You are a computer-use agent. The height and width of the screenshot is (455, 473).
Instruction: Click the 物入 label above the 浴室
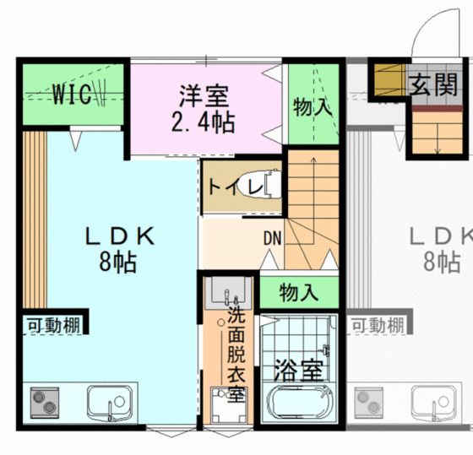pyautogui.click(x=299, y=294)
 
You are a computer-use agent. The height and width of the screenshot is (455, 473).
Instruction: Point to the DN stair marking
pyautogui.click(x=272, y=237)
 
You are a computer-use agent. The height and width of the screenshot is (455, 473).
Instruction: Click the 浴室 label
pyautogui.click(x=299, y=370)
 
